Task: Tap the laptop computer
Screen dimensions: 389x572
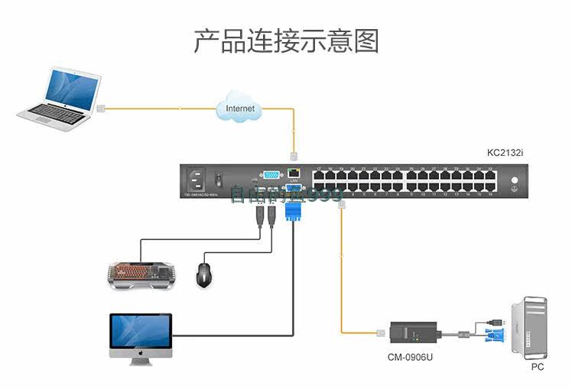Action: click(61, 96)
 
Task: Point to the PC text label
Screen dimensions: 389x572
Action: click(538, 367)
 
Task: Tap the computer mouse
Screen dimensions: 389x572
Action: click(203, 274)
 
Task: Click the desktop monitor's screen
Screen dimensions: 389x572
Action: click(141, 331)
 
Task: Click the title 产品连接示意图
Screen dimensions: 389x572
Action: click(286, 41)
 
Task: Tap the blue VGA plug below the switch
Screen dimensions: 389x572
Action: click(292, 208)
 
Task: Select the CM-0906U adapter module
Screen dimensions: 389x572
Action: click(413, 334)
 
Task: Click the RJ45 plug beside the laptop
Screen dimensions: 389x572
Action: click(100, 108)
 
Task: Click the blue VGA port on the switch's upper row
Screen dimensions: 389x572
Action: click(271, 175)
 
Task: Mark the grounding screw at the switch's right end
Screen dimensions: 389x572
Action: click(513, 181)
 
